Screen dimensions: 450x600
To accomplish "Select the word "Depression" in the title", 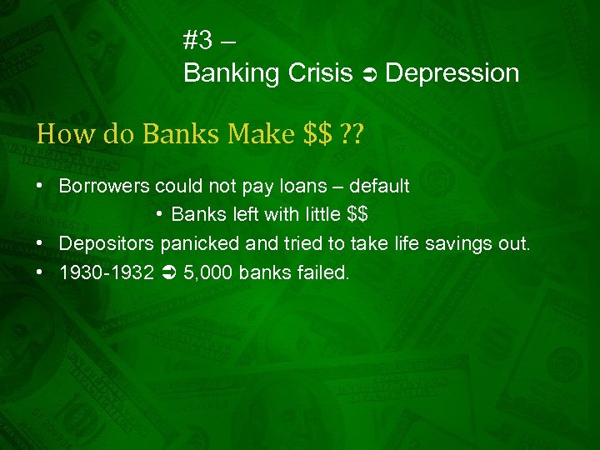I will [x=452, y=73].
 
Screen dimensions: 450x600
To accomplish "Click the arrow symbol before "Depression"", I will [x=369, y=75].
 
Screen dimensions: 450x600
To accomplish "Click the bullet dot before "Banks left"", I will [x=159, y=214].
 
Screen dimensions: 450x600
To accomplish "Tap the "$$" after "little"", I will [x=357, y=214].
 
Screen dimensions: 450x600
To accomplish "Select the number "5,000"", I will [x=203, y=272].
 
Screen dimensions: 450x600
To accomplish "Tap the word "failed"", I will [x=319, y=272].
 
